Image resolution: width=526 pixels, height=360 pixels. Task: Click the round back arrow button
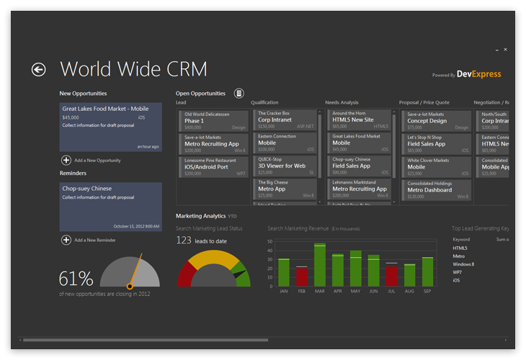[38, 69]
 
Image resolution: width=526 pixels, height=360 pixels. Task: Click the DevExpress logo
[479, 74]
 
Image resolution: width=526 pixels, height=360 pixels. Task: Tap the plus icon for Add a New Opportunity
[66, 161]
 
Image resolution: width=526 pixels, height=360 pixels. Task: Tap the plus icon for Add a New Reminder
[66, 240]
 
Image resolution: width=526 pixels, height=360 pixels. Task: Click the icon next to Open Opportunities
[239, 93]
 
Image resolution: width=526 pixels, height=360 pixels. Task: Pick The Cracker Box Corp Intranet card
[287, 120]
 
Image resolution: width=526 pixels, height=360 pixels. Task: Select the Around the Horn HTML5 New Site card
[360, 120]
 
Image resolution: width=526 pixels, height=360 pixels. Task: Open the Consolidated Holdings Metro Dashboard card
[435, 189]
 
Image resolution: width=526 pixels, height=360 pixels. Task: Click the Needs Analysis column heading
[342, 103]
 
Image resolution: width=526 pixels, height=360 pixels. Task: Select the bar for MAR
[320, 264]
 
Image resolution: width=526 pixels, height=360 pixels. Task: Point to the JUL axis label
[391, 292]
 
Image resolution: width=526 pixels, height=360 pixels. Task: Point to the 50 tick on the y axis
[270, 241]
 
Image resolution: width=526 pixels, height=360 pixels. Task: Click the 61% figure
[76, 279]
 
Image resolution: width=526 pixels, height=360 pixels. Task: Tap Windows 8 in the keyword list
[463, 264]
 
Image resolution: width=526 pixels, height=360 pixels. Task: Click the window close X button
[505, 50]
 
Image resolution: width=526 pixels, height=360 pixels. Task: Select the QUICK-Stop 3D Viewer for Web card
[287, 166]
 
